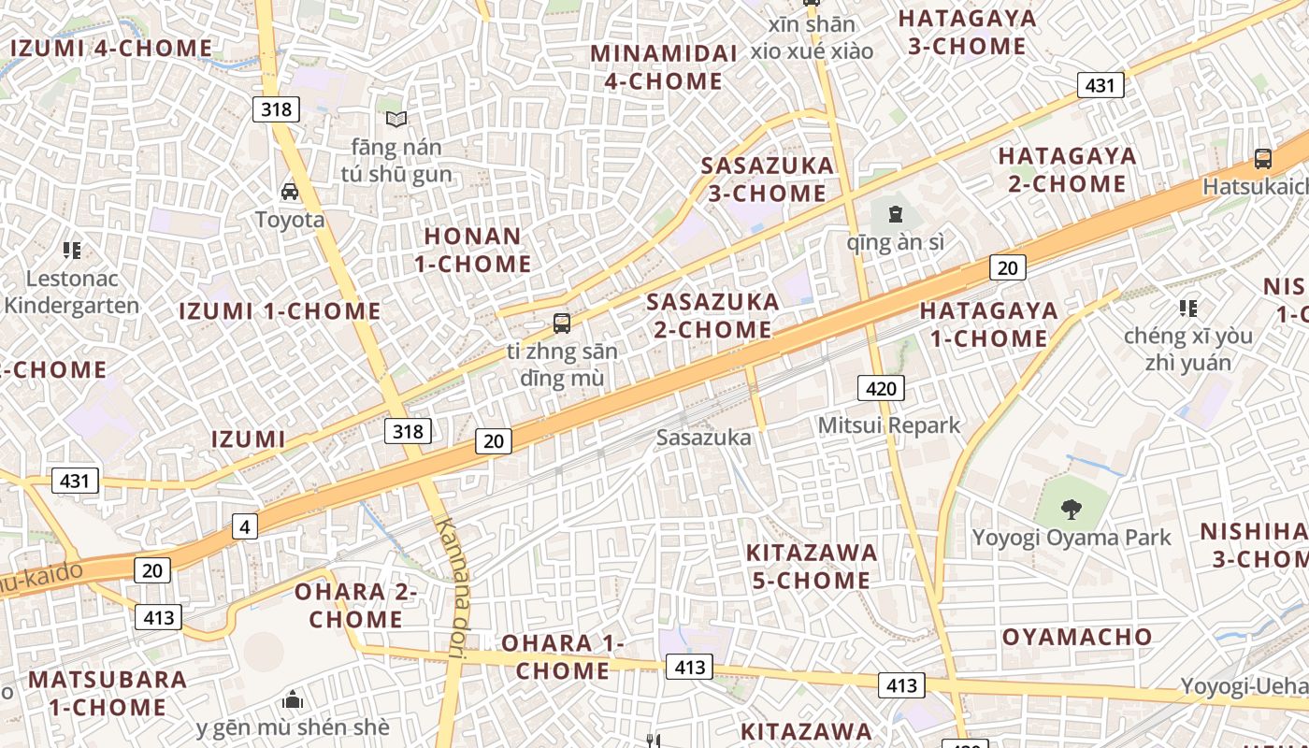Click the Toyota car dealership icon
[290, 192]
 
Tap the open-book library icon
[396, 119]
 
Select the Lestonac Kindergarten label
[71, 292]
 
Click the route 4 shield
[244, 527]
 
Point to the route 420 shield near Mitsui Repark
[881, 389]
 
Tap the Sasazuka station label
[703, 437]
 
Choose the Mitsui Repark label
[888, 425]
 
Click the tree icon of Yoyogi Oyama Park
[1071, 510]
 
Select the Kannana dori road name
[453, 589]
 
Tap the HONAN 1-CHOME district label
[472, 250]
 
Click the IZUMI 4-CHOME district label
[111, 48]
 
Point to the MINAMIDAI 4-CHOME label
[664, 67]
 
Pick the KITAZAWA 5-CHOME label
[812, 566]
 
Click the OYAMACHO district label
[1077, 637]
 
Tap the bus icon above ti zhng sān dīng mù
[561, 324]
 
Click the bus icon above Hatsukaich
[1262, 159]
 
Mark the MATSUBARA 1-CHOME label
[108, 692]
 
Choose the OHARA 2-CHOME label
[356, 605]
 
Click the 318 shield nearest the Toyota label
[276, 109]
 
